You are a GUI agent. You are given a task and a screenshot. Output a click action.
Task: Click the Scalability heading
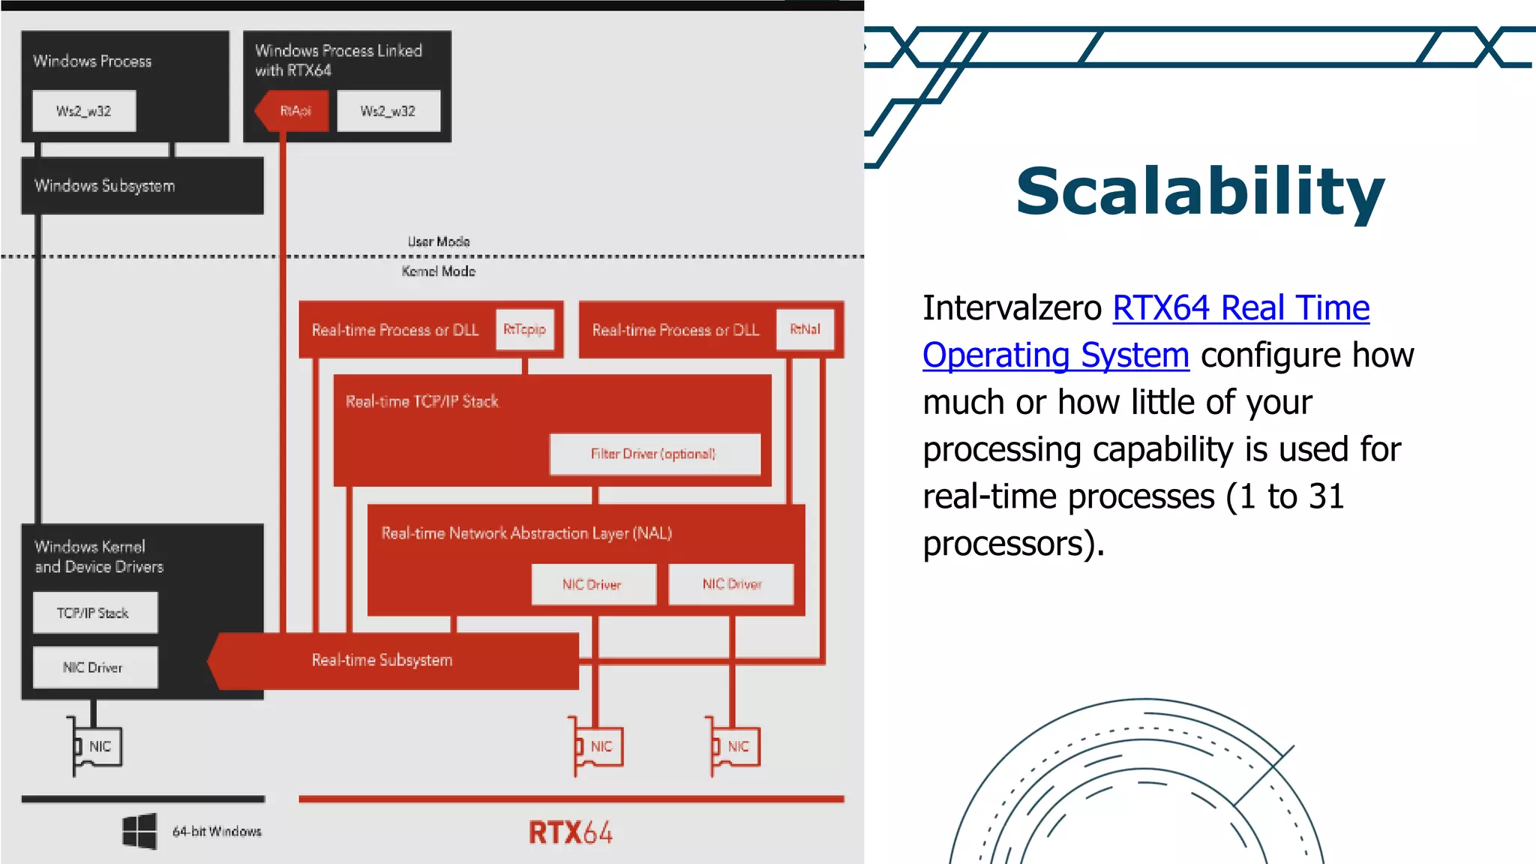pyautogui.click(x=1200, y=192)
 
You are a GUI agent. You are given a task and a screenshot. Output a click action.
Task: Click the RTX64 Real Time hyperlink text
pyautogui.click(x=1240, y=308)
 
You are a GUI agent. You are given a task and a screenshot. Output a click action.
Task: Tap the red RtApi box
pyautogui.click(x=295, y=111)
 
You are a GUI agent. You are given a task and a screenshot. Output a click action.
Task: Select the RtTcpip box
pyautogui.click(x=524, y=329)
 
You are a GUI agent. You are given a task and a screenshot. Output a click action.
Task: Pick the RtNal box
pyautogui.click(x=805, y=329)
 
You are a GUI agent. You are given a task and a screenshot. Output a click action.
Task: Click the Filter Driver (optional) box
pyautogui.click(x=654, y=454)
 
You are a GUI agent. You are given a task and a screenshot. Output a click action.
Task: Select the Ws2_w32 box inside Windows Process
pyautogui.click(x=84, y=111)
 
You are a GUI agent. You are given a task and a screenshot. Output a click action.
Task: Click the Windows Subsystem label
pyautogui.click(x=104, y=186)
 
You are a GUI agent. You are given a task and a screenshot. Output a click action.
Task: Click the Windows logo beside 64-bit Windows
pyautogui.click(x=139, y=831)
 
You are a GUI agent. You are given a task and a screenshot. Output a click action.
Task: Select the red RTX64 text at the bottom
pyautogui.click(x=570, y=832)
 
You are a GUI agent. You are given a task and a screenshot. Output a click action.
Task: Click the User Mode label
pyautogui.click(x=439, y=241)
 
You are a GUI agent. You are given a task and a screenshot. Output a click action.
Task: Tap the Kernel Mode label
pyautogui.click(x=439, y=271)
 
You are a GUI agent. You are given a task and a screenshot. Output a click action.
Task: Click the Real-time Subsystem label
pyautogui.click(x=382, y=660)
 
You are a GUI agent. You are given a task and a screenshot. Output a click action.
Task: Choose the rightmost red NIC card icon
pyautogui.click(x=736, y=746)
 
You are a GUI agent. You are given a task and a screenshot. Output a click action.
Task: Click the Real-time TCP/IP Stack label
pyautogui.click(x=421, y=401)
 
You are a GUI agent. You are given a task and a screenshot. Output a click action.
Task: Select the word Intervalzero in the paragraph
pyautogui.click(x=1012, y=308)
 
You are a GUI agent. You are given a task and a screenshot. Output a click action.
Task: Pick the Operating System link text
pyautogui.click(x=1055, y=355)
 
